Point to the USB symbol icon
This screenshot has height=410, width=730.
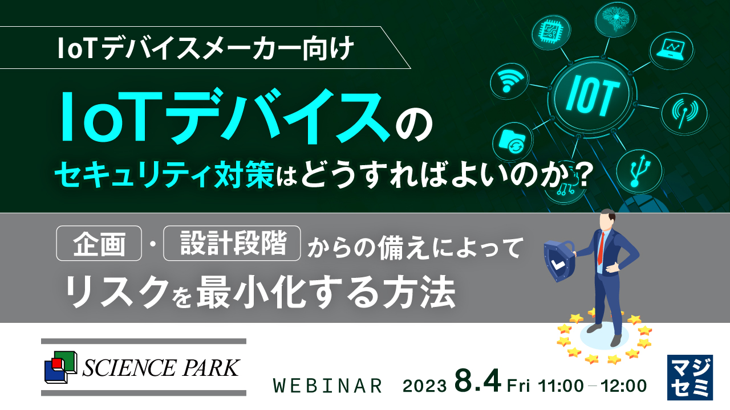click(x=638, y=170)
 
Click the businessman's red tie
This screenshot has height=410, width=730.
click(x=601, y=245)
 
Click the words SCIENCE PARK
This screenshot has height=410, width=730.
click(x=161, y=368)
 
